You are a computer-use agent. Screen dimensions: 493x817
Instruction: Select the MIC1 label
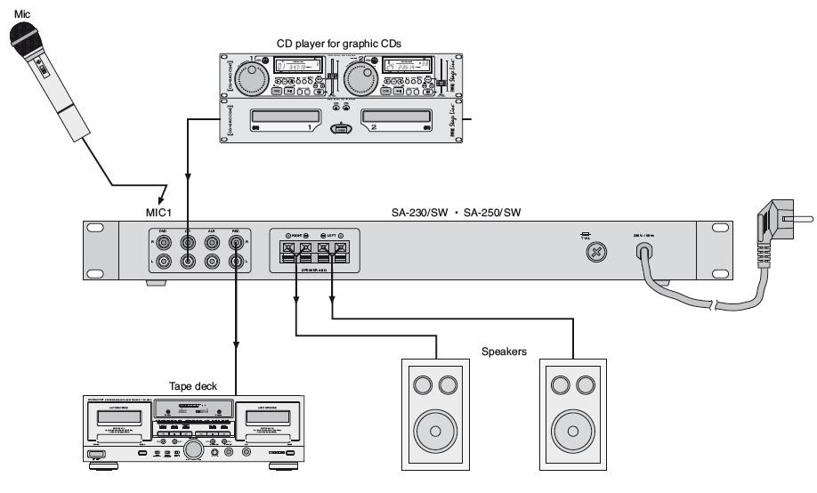[x=163, y=213]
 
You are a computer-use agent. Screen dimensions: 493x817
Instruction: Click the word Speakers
[x=503, y=352]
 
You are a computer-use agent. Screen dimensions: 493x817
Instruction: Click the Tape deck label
[x=192, y=385]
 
